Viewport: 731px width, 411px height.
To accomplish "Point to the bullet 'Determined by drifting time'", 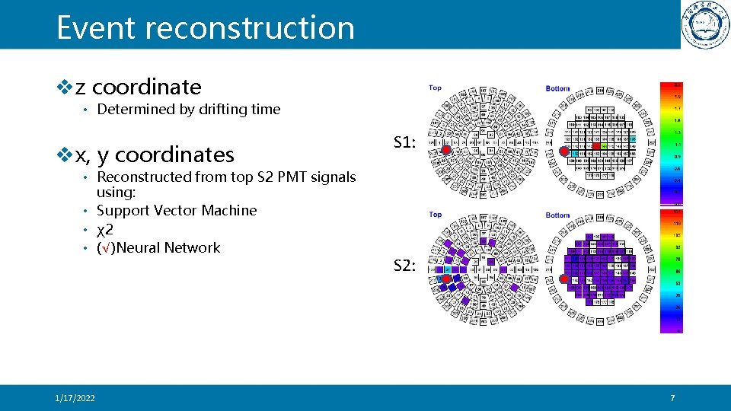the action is pyautogui.click(x=189, y=110).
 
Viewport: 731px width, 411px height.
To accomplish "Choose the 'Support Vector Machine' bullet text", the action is pyautogui.click(x=177, y=211).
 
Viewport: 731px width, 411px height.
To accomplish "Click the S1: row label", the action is pyautogui.click(x=404, y=141).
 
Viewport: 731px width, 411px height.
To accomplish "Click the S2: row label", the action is pyautogui.click(x=404, y=266).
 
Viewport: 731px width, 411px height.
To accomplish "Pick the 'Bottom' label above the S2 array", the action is pyautogui.click(x=557, y=215).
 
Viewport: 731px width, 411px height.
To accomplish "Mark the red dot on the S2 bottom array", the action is pyautogui.click(x=564, y=279).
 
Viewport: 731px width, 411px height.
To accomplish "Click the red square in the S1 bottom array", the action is pyautogui.click(x=595, y=145).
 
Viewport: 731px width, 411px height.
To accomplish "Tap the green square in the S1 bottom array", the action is pyautogui.click(x=603, y=145).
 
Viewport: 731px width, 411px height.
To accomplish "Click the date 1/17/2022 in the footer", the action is pyautogui.click(x=75, y=398).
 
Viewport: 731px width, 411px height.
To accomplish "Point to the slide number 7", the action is pyautogui.click(x=672, y=398).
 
